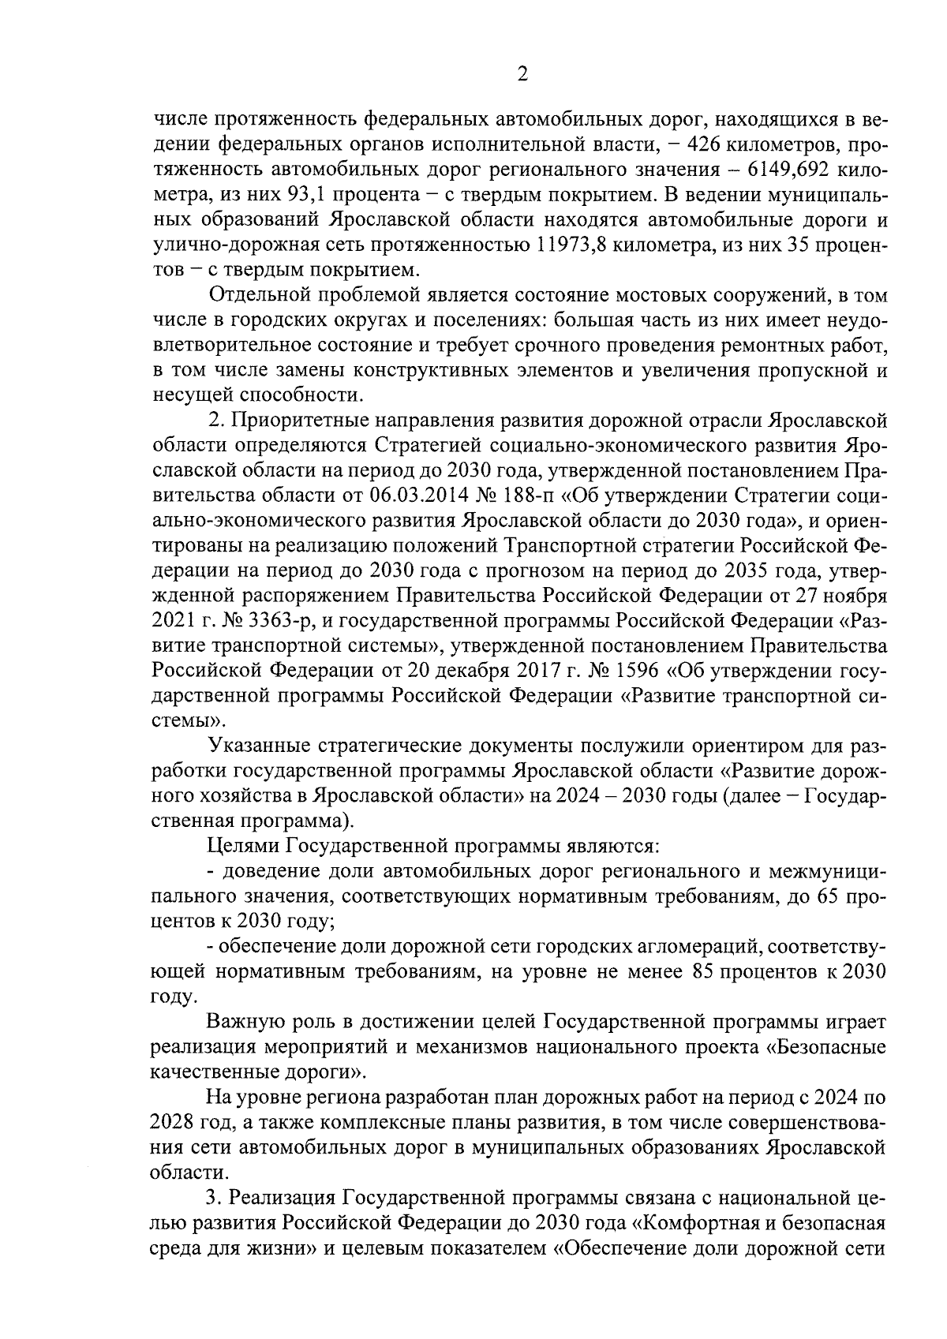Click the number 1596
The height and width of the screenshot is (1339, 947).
coord(611,671)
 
